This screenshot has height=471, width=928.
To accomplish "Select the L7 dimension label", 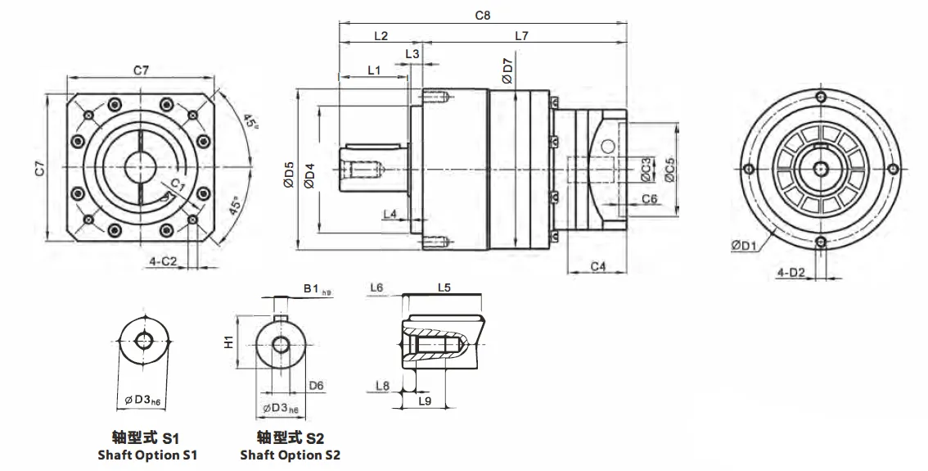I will tap(522, 35).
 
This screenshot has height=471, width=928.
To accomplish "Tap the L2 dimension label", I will tap(381, 35).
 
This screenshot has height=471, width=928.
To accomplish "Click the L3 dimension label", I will tap(412, 53).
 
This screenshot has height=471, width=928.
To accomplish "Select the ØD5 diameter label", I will tap(289, 176).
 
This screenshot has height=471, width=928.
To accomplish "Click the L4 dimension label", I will tap(391, 214).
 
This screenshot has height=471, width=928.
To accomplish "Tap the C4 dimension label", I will tap(597, 266).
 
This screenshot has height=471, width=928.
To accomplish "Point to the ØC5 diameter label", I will tap(669, 169).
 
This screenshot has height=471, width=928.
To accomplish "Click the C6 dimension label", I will tap(650, 199).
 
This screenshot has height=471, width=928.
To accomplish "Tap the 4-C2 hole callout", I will tap(162, 261).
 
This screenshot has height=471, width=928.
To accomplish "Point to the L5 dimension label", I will tap(444, 288).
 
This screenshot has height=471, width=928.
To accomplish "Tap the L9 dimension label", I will tap(425, 401).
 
